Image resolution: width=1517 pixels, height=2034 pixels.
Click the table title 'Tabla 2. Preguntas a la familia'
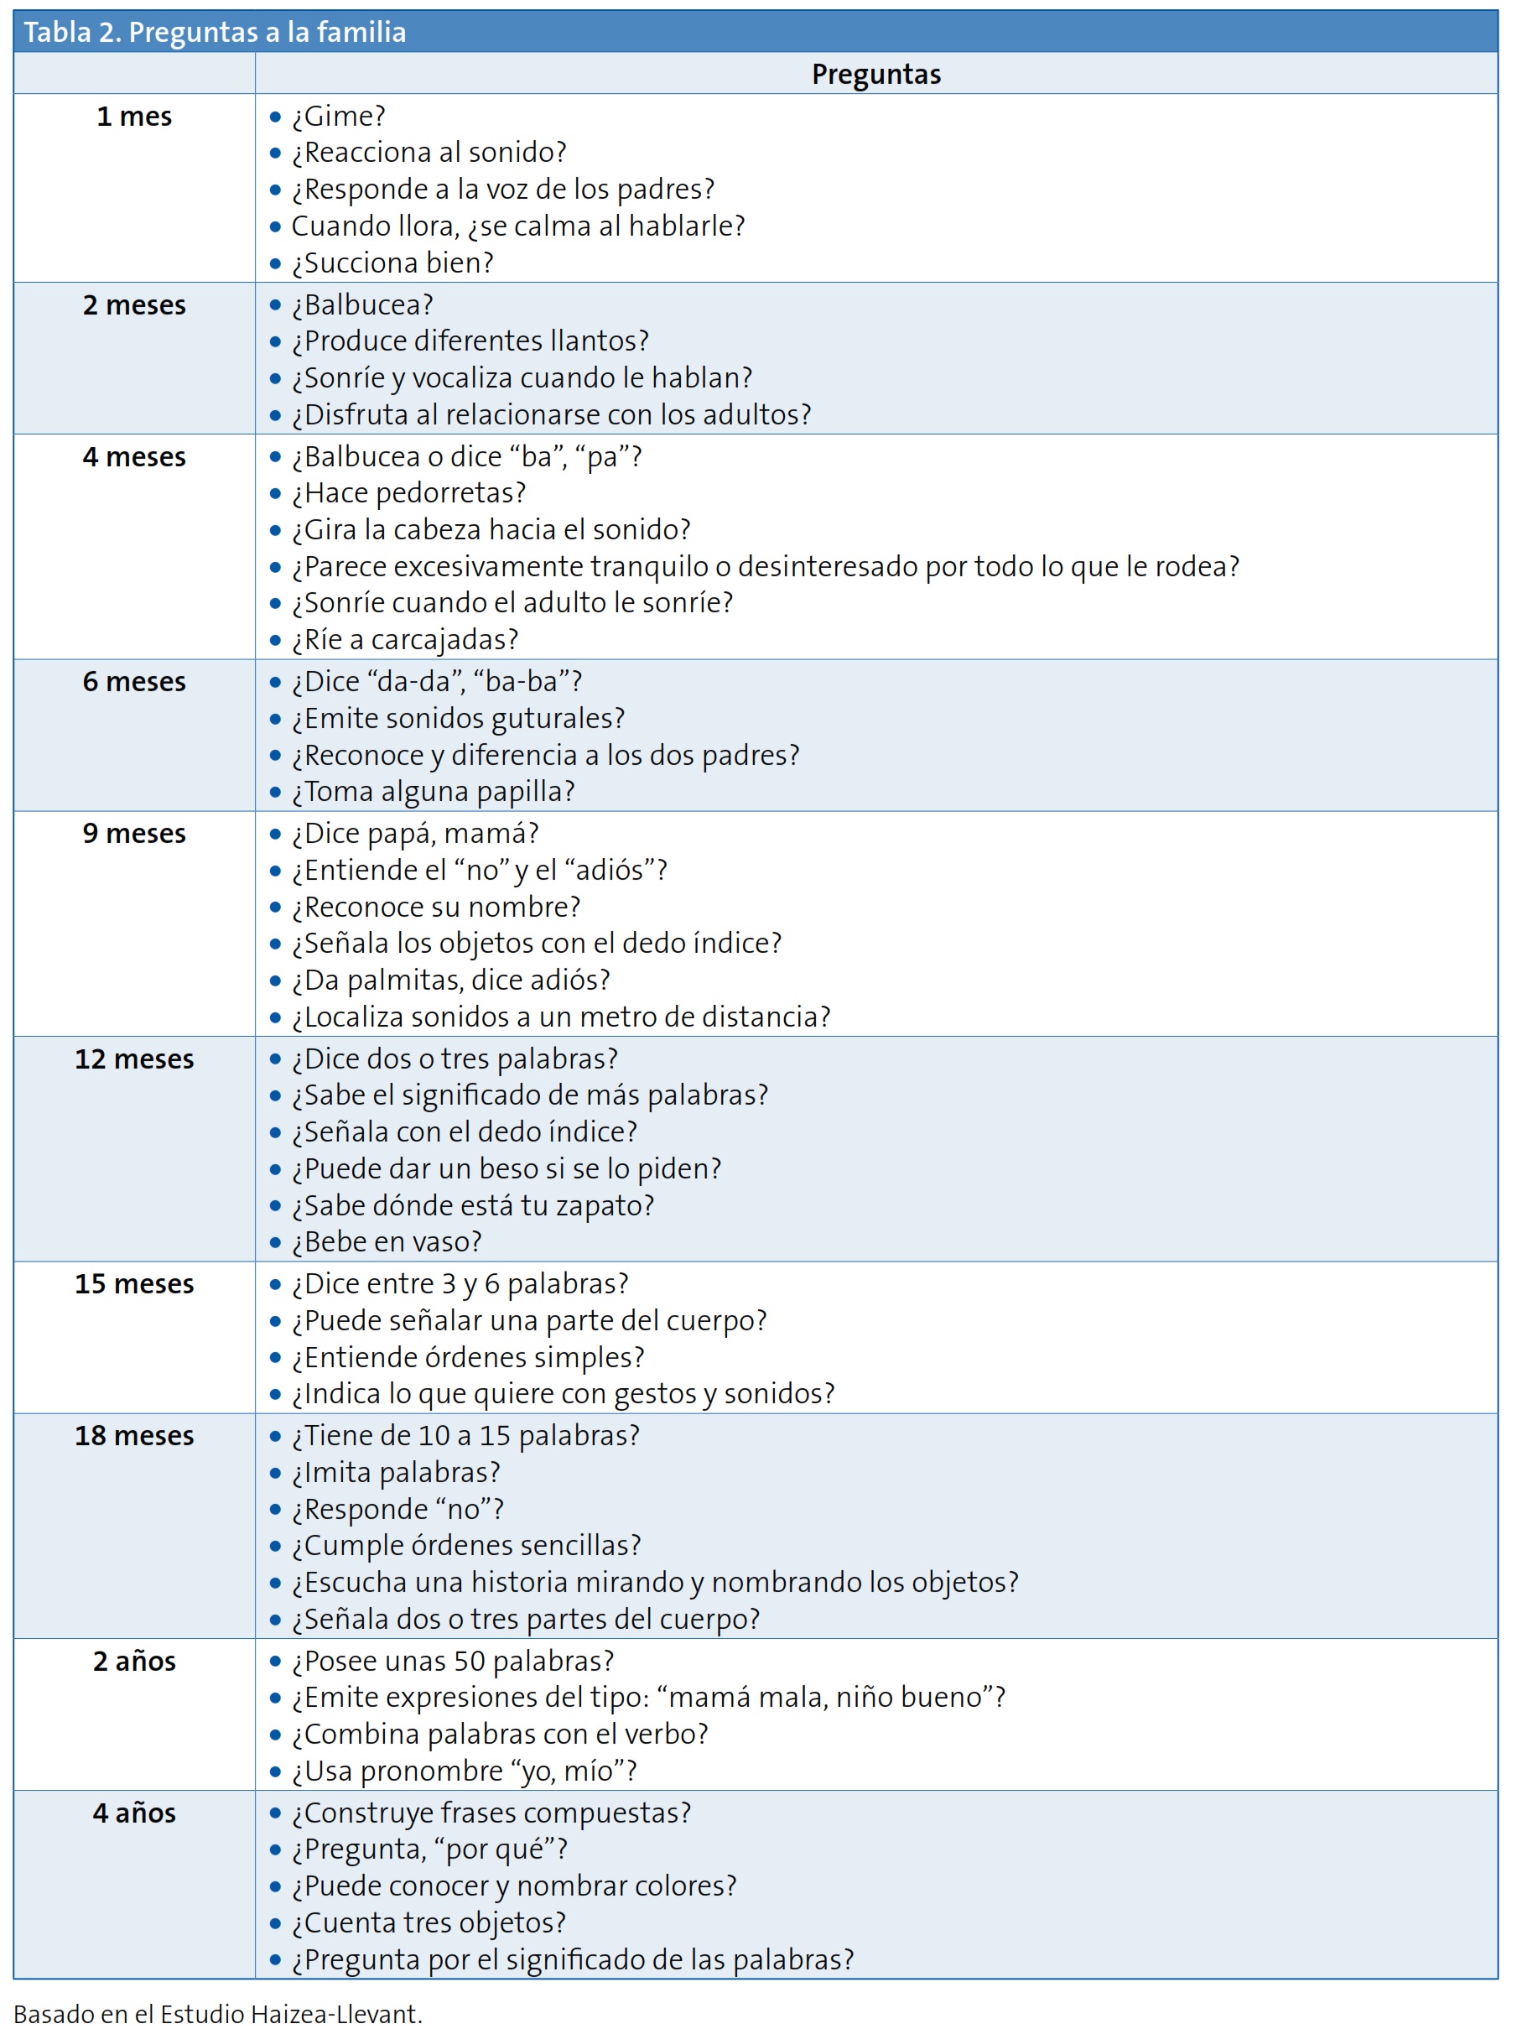(215, 32)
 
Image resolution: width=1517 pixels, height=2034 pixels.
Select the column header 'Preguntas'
(876, 74)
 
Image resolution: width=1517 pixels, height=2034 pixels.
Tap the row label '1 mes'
(134, 117)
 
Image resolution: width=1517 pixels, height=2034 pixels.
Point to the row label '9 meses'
(134, 833)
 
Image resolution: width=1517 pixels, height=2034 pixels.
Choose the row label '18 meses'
(134, 1435)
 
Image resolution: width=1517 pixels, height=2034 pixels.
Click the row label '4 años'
(134, 1813)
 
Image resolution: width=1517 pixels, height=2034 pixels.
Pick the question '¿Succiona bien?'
(392, 263)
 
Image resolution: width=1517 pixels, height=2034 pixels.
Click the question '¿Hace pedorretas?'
(408, 493)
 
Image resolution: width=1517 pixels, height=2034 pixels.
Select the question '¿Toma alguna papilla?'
(433, 792)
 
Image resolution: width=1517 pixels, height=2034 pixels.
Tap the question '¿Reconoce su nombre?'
(436, 908)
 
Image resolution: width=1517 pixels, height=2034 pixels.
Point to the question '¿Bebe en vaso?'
(387, 1241)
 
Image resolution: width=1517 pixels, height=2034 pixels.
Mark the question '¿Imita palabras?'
(396, 1472)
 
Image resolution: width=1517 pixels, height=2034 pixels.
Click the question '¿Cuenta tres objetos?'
(429, 1923)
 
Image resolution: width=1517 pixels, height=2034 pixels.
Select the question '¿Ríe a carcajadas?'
(405, 639)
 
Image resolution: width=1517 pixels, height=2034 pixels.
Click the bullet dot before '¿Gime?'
(274, 117)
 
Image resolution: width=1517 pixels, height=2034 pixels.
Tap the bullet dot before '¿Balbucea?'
(274, 306)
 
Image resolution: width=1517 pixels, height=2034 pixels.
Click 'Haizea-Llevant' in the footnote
(335, 2015)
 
